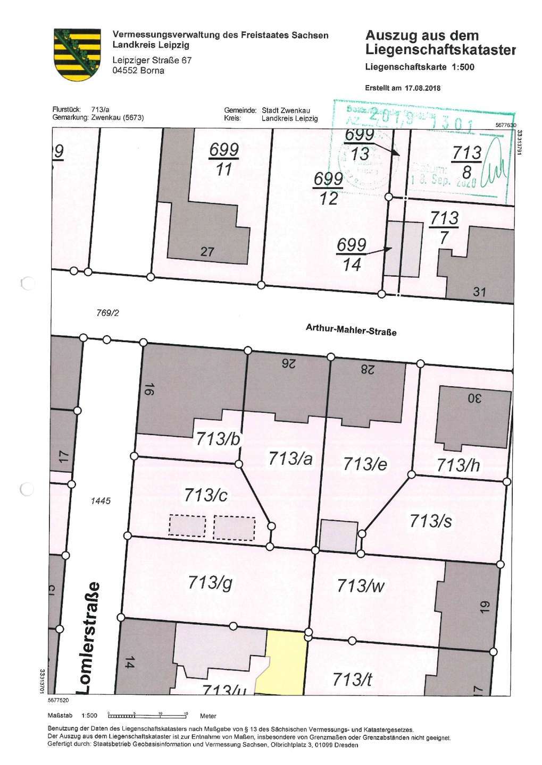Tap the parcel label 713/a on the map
click(x=290, y=458)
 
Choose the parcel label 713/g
click(x=210, y=583)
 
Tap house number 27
click(x=207, y=252)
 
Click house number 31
click(x=479, y=292)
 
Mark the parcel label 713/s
click(x=430, y=521)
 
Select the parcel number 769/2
click(x=108, y=313)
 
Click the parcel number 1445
click(x=101, y=500)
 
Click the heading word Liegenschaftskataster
click(x=440, y=50)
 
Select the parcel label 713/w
click(x=360, y=585)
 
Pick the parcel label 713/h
click(x=458, y=465)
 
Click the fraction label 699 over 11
click(x=224, y=159)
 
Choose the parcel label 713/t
click(x=352, y=679)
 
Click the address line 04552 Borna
click(x=138, y=71)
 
